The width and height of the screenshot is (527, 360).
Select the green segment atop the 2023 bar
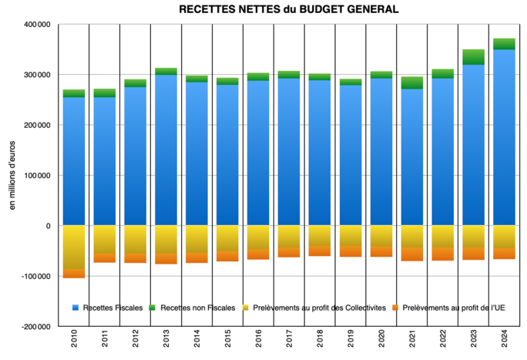point(474,56)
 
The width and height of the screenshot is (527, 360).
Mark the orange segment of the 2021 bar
point(412,254)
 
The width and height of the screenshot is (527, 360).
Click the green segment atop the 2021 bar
point(412,82)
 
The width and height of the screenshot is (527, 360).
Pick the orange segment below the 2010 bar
point(74,273)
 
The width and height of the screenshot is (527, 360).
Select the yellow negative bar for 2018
point(320,236)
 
